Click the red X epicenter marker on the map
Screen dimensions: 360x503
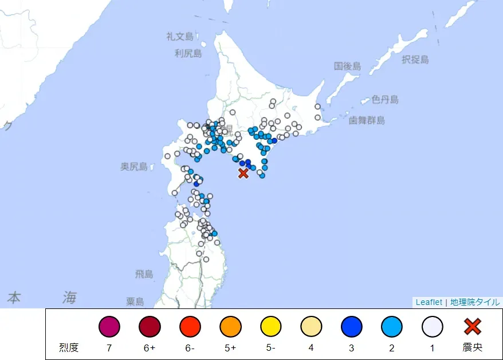point(243,173)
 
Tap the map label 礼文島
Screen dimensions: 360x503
point(180,37)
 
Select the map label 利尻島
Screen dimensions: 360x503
point(188,54)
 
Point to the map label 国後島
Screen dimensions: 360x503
point(348,66)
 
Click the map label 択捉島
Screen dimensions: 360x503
point(415,60)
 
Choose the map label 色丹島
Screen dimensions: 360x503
point(385,100)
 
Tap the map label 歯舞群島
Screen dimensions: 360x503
point(367,120)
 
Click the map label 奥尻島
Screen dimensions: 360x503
point(133,167)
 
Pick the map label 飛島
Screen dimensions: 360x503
point(144,275)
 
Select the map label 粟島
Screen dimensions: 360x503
point(135,302)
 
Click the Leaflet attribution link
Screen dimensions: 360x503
point(429,302)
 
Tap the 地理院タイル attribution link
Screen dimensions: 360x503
point(475,302)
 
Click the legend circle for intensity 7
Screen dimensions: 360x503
point(109,327)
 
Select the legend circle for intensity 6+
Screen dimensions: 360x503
point(150,327)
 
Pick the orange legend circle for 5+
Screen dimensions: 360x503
point(230,327)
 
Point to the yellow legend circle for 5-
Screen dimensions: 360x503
point(271,327)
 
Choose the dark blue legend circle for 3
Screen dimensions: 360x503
point(352,327)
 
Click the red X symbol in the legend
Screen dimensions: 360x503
point(473,327)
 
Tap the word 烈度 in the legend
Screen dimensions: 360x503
point(68,347)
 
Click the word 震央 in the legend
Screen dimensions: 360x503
point(473,347)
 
